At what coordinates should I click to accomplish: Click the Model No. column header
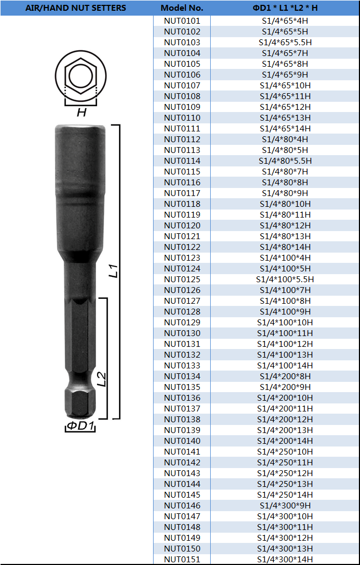click(x=182, y=8)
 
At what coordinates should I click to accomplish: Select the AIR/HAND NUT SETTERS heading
click(x=76, y=8)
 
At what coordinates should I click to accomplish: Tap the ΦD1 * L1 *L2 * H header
click(x=285, y=8)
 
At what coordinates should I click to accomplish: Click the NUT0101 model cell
click(x=182, y=21)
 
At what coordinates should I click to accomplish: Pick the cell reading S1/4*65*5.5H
click(x=285, y=43)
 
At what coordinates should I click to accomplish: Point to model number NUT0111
click(x=182, y=129)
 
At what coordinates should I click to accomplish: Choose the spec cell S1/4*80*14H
click(x=285, y=247)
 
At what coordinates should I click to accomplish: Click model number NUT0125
click(x=182, y=279)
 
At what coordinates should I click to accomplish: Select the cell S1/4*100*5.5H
click(x=285, y=279)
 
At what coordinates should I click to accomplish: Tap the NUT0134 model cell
click(x=182, y=376)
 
